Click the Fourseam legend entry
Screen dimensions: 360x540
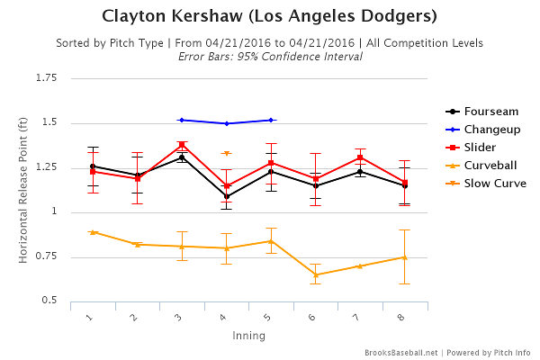point(490,111)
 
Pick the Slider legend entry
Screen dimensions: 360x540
point(483,147)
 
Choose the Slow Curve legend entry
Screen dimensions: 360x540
point(495,183)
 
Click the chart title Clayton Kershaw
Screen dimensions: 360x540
point(270,16)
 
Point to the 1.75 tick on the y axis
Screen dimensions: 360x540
point(47,78)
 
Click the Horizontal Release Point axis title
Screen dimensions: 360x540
point(23,189)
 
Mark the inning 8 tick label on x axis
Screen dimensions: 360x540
point(403,317)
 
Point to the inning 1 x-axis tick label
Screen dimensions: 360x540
point(91,317)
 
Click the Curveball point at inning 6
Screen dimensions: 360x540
point(316,274)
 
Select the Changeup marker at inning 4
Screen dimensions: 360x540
point(227,123)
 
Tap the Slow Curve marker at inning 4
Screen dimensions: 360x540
point(227,153)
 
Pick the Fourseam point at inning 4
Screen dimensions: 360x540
point(227,196)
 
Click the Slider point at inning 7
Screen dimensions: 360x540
point(360,157)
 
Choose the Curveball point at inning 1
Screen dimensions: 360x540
point(93,232)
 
